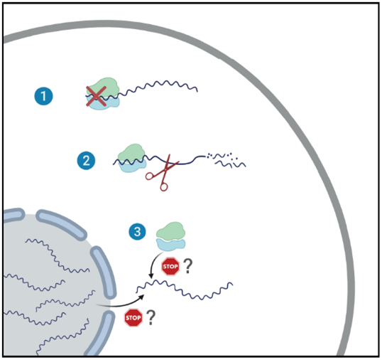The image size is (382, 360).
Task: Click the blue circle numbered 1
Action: click(x=44, y=95)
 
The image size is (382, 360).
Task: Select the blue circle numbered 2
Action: click(x=86, y=161)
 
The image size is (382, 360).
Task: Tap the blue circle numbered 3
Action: click(x=137, y=231)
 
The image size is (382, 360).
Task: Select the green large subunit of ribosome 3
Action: click(x=169, y=230)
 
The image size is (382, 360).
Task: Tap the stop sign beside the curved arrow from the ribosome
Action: click(x=170, y=268)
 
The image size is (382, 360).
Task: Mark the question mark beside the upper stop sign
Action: click(x=189, y=268)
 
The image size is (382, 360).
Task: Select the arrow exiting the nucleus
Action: click(x=121, y=305)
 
